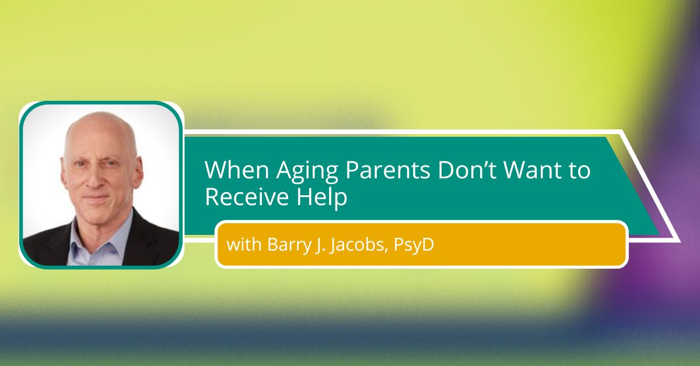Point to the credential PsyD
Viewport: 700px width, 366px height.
[x=414, y=246]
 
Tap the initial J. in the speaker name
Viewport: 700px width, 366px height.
[x=316, y=246]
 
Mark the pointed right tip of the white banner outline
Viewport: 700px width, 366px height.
[x=680, y=241]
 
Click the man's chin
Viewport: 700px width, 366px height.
[x=97, y=215]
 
